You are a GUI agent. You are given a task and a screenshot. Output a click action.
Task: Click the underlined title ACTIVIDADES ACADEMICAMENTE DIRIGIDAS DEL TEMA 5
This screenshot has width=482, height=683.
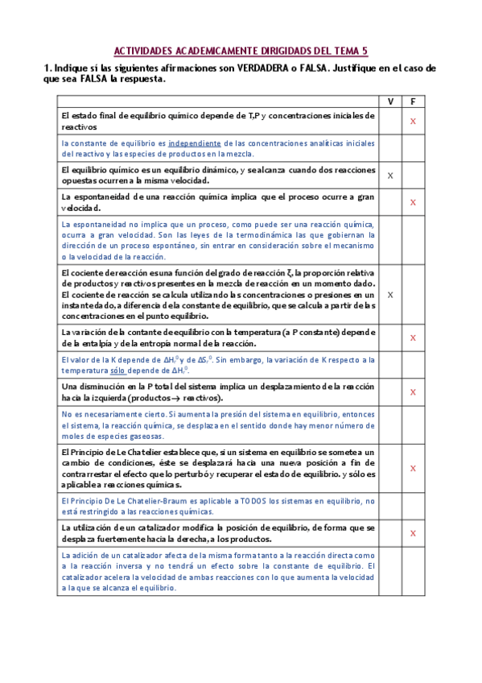(241, 50)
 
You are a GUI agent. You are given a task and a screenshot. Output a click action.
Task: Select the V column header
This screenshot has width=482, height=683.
(390, 101)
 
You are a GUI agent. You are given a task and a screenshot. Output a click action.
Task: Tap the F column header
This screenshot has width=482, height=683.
(413, 101)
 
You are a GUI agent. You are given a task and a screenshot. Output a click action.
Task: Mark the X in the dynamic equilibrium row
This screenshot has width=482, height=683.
(390, 175)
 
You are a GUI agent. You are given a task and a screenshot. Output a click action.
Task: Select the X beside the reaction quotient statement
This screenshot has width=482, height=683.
(390, 295)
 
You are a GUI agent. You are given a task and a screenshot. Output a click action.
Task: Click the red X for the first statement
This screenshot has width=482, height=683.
(413, 122)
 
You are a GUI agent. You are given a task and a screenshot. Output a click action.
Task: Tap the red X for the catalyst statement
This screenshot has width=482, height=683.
(413, 533)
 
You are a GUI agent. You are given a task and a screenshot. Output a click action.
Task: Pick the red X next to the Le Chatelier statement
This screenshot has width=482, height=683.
(413, 467)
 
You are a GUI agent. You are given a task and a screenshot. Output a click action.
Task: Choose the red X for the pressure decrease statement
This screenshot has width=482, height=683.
(413, 392)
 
